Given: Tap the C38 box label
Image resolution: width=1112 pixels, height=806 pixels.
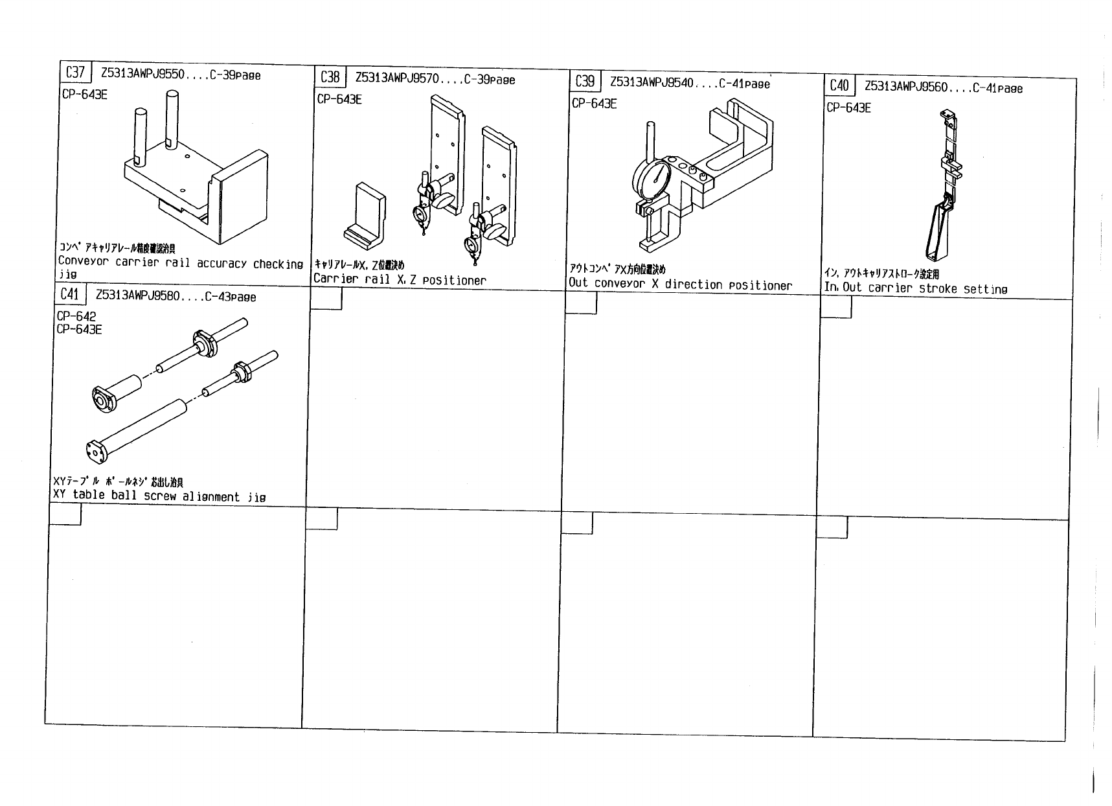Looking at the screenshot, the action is [330, 77].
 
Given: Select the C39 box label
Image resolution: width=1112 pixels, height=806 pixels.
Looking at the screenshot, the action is [585, 81].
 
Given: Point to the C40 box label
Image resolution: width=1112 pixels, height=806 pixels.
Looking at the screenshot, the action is [839, 86].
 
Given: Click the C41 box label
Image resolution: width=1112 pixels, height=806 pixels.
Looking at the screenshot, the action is [69, 294].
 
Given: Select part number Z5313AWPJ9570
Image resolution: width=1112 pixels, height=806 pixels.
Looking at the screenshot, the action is [397, 79].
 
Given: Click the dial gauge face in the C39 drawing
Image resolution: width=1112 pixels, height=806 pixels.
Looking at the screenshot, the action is [651, 179].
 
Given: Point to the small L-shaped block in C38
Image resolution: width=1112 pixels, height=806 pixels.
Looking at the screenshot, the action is [363, 216].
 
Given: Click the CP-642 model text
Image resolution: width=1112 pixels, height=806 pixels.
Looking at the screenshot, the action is [76, 317].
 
